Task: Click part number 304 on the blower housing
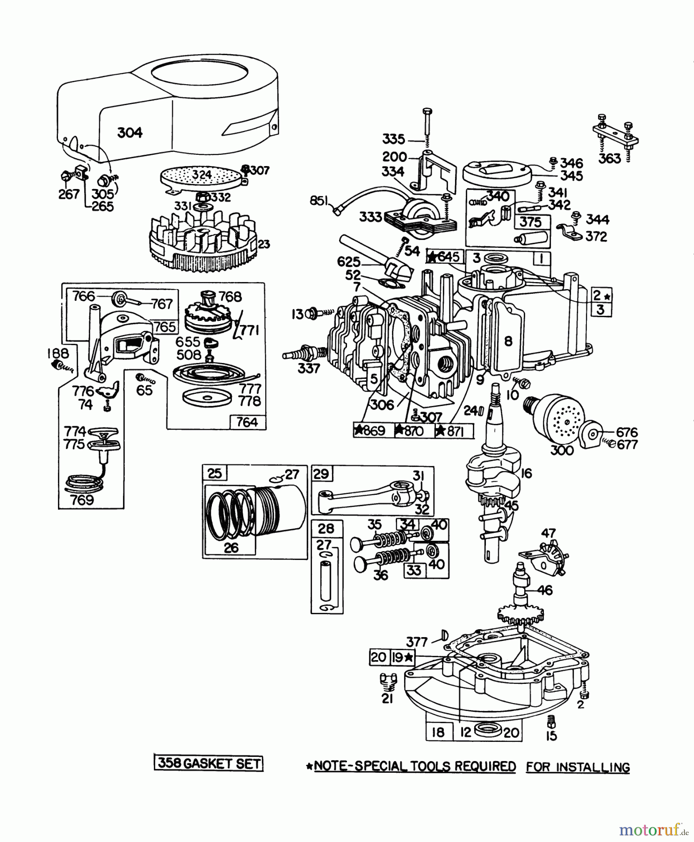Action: [130, 132]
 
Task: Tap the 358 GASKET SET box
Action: [209, 763]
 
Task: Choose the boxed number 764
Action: [247, 422]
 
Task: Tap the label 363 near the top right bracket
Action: [610, 158]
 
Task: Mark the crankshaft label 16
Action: [526, 473]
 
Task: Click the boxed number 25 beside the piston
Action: [214, 473]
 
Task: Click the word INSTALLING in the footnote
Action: [578, 767]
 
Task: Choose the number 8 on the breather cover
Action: [508, 341]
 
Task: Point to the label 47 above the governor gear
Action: [548, 533]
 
